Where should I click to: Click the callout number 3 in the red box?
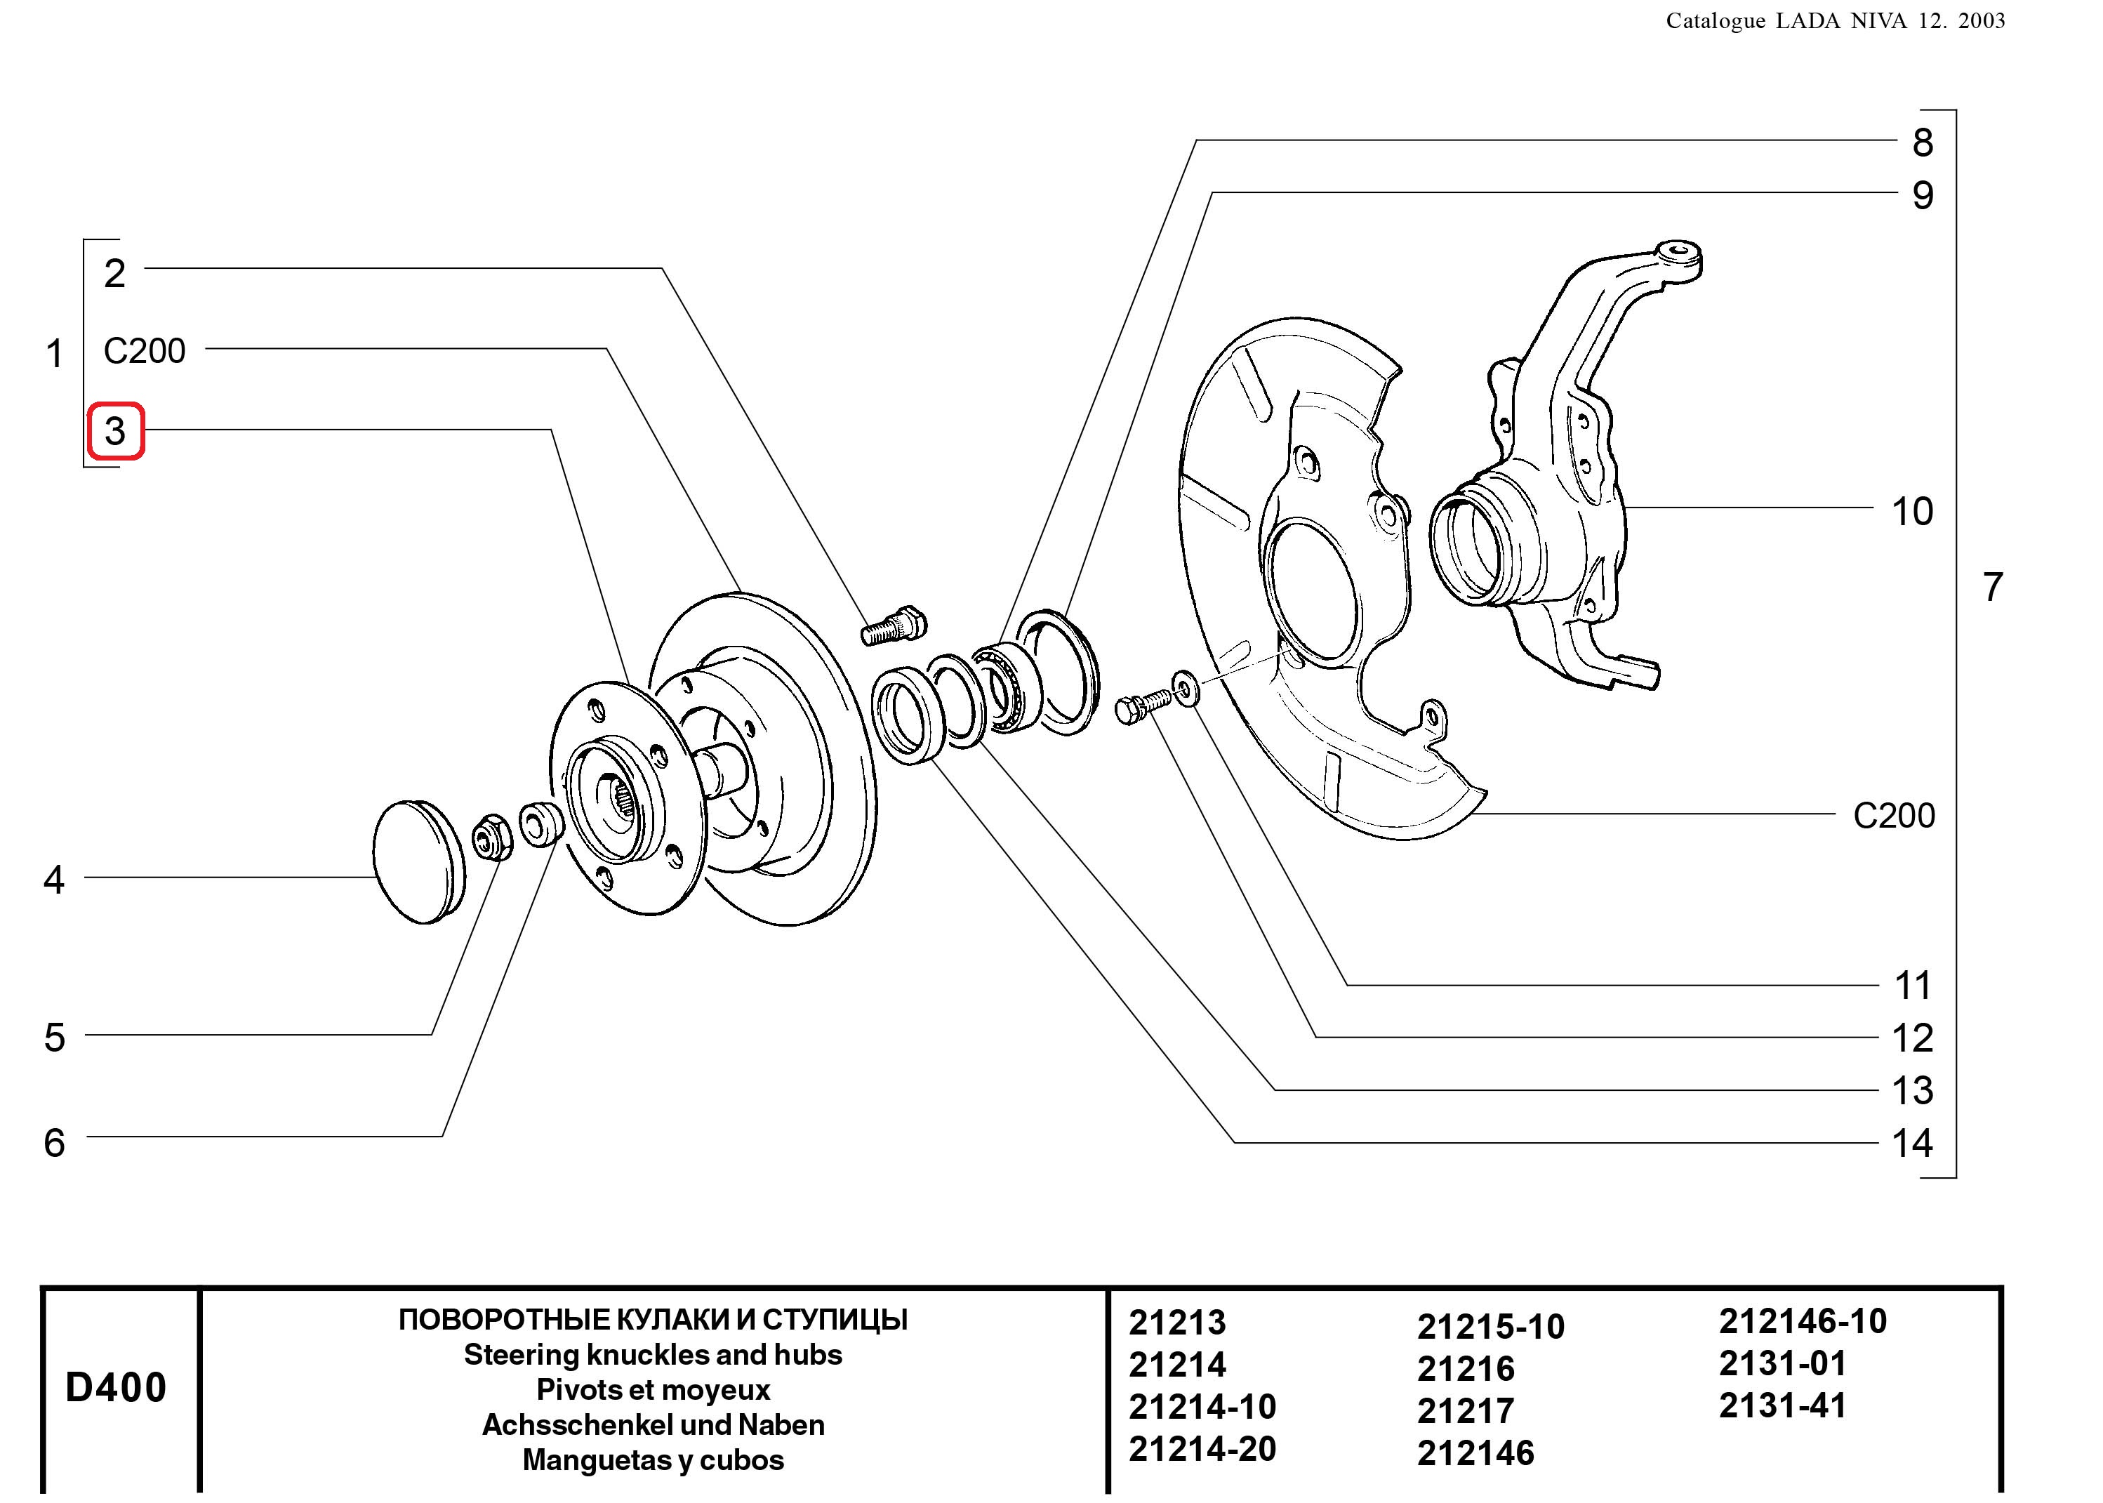click(114, 430)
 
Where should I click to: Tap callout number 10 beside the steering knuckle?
click(1911, 511)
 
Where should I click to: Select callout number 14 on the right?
click(1911, 1143)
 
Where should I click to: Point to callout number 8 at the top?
click(1923, 143)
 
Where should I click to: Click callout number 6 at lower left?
click(55, 1142)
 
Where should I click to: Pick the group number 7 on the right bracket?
click(1993, 587)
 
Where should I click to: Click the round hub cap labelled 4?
click(419, 861)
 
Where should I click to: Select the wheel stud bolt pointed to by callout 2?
click(893, 625)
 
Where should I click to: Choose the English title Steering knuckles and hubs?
click(654, 1354)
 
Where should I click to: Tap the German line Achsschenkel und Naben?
click(654, 1424)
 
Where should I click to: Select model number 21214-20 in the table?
click(1202, 1448)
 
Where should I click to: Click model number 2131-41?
click(1782, 1405)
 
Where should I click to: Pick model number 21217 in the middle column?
click(1466, 1410)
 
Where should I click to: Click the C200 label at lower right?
click(1894, 815)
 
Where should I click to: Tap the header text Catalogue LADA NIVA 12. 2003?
click(1836, 20)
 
